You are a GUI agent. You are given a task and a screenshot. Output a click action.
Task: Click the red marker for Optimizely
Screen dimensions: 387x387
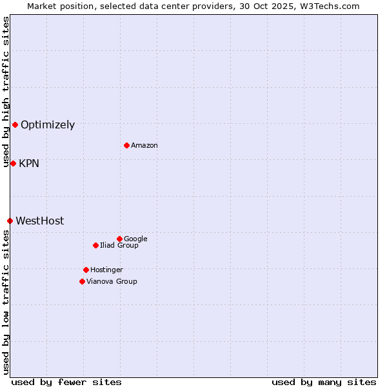pyautogui.click(x=15, y=124)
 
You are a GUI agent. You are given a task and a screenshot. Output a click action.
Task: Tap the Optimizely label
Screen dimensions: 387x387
pyautogui.click(x=48, y=125)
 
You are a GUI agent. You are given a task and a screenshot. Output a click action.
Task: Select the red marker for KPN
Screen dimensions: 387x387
pyautogui.click(x=13, y=163)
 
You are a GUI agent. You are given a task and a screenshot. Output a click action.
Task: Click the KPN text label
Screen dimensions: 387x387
pyautogui.click(x=29, y=164)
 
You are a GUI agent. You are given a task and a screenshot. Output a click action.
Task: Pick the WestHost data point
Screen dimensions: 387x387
pyautogui.click(x=10, y=221)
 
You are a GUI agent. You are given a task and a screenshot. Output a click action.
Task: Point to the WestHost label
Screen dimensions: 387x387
pyautogui.click(x=40, y=221)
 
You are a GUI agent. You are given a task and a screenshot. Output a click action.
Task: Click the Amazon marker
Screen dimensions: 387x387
pyautogui.click(x=126, y=145)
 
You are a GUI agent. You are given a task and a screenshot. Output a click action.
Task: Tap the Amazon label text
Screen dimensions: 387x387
pyautogui.click(x=144, y=146)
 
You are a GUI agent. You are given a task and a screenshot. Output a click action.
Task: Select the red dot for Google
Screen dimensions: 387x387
pyautogui.click(x=119, y=239)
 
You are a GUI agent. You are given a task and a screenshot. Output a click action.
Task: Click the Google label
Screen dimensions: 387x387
pyautogui.click(x=135, y=239)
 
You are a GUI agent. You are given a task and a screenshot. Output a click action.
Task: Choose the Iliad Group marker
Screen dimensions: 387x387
pyautogui.click(x=95, y=245)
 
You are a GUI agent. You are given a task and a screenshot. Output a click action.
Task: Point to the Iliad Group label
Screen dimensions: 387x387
pyautogui.click(x=119, y=246)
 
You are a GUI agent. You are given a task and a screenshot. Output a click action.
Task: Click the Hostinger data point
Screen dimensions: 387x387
pyautogui.click(x=86, y=270)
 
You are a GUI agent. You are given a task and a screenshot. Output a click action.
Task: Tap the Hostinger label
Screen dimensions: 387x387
pyautogui.click(x=106, y=270)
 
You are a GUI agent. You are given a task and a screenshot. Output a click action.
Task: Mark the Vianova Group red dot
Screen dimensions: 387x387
pyautogui.click(x=82, y=281)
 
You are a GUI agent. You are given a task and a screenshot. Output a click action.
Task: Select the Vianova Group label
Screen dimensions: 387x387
pyautogui.click(x=112, y=282)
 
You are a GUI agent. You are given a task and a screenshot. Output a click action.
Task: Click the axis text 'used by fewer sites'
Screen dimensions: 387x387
pyautogui.click(x=66, y=382)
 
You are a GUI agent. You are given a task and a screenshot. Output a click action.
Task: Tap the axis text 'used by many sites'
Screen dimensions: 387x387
pyautogui.click(x=324, y=382)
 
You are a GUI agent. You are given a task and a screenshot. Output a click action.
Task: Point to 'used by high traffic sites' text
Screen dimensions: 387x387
pyautogui.click(x=6, y=92)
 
